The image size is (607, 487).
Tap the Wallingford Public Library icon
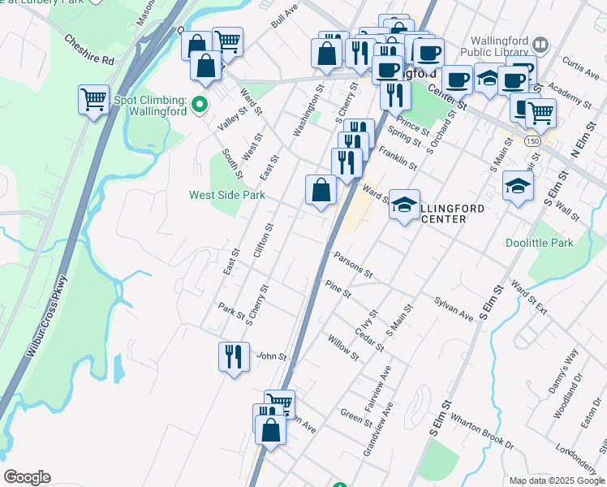pos(541,44)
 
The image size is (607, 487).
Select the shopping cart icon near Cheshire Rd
pos(94,100)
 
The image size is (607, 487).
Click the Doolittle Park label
pos(539,243)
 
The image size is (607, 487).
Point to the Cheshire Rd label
pos(89,49)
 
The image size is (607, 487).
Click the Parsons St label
pos(352,262)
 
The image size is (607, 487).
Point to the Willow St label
pos(342,347)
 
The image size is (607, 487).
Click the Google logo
pos(27,477)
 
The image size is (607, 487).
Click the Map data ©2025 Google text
pos(557,481)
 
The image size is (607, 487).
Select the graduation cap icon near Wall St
pos(518,187)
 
